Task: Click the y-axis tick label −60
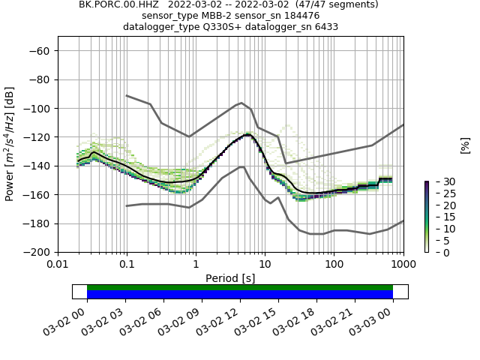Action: (40, 51)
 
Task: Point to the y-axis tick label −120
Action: (37, 137)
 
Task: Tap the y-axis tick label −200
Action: (37, 252)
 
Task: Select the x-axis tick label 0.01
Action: (58, 265)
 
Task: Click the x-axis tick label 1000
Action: (403, 265)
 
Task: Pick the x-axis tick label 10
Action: (265, 265)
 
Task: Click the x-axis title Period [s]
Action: (230, 278)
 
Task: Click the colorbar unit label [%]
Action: (465, 145)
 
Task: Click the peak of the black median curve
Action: (247, 135)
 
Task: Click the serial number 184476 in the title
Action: (298, 16)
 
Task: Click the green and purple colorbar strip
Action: (426, 217)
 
